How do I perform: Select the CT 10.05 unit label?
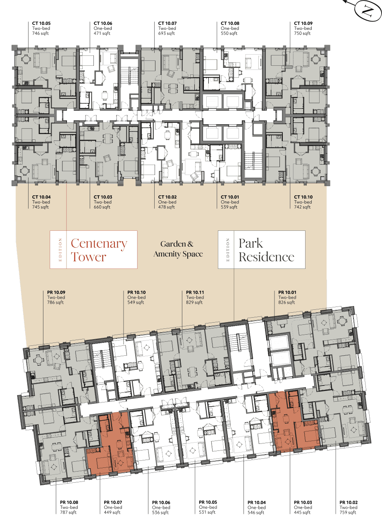tap(41, 24)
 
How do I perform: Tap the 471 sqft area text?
tap(102, 34)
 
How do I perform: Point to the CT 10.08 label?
tap(230, 24)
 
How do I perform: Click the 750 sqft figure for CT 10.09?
tap(302, 34)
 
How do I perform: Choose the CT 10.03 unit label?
tap(103, 197)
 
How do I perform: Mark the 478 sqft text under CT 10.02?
tap(166, 207)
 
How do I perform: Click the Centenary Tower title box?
tap(93, 249)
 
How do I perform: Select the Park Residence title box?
tap(262, 249)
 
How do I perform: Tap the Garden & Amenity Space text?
tap(178, 249)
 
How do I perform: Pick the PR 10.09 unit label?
tap(56, 292)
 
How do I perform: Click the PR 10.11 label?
tap(195, 292)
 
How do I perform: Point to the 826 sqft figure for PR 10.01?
tap(286, 302)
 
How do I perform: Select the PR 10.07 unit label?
tap(113, 503)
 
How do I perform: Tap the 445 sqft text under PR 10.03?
tap(302, 513)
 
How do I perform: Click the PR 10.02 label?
tap(349, 503)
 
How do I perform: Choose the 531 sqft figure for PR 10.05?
tap(207, 513)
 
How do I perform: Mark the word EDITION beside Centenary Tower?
tap(60, 249)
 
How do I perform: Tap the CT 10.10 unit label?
tap(303, 197)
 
